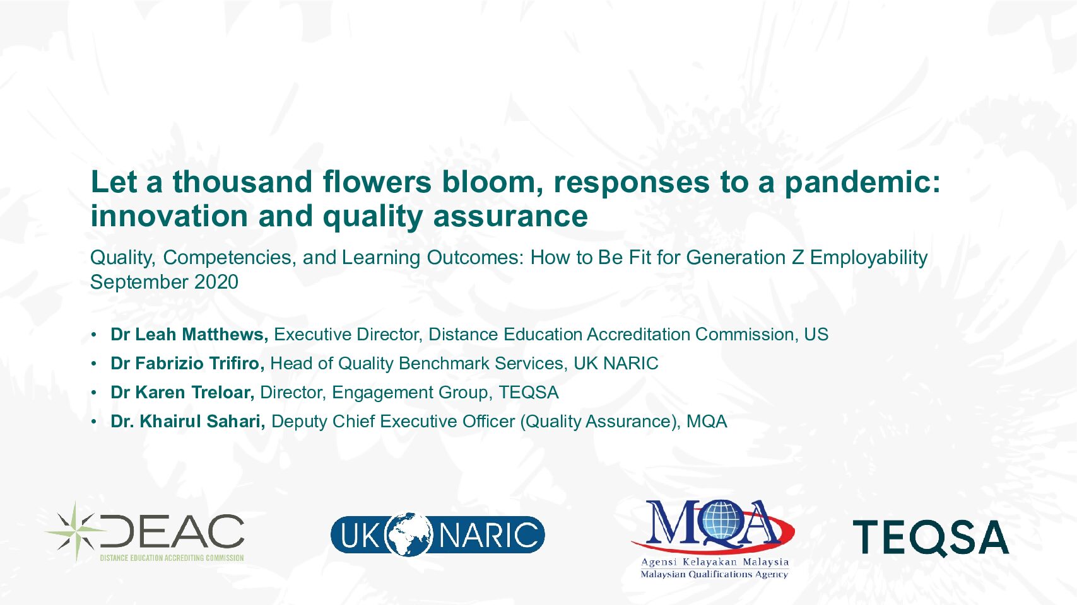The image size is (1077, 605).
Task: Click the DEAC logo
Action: pos(144,532)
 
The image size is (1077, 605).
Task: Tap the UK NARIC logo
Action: pos(437,534)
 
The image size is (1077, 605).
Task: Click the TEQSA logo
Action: pos(931,538)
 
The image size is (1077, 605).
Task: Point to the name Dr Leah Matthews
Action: pos(189,334)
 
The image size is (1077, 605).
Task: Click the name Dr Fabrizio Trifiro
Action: pos(187,364)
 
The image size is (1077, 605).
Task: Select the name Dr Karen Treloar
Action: pos(182,392)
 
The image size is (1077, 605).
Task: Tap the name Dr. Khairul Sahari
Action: pos(188,421)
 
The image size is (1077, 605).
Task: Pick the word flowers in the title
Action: pos(377,182)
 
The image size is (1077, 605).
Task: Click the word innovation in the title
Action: pos(169,216)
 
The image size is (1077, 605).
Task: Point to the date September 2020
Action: pos(164,282)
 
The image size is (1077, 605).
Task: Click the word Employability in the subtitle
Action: pos(869,258)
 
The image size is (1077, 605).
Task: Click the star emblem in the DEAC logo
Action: pos(76,531)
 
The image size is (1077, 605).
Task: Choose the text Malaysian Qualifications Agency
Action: pos(714,574)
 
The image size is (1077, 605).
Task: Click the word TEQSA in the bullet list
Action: pos(528,392)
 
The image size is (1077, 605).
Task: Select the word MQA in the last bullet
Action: pos(706,421)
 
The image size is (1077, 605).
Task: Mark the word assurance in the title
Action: pos(510,216)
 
